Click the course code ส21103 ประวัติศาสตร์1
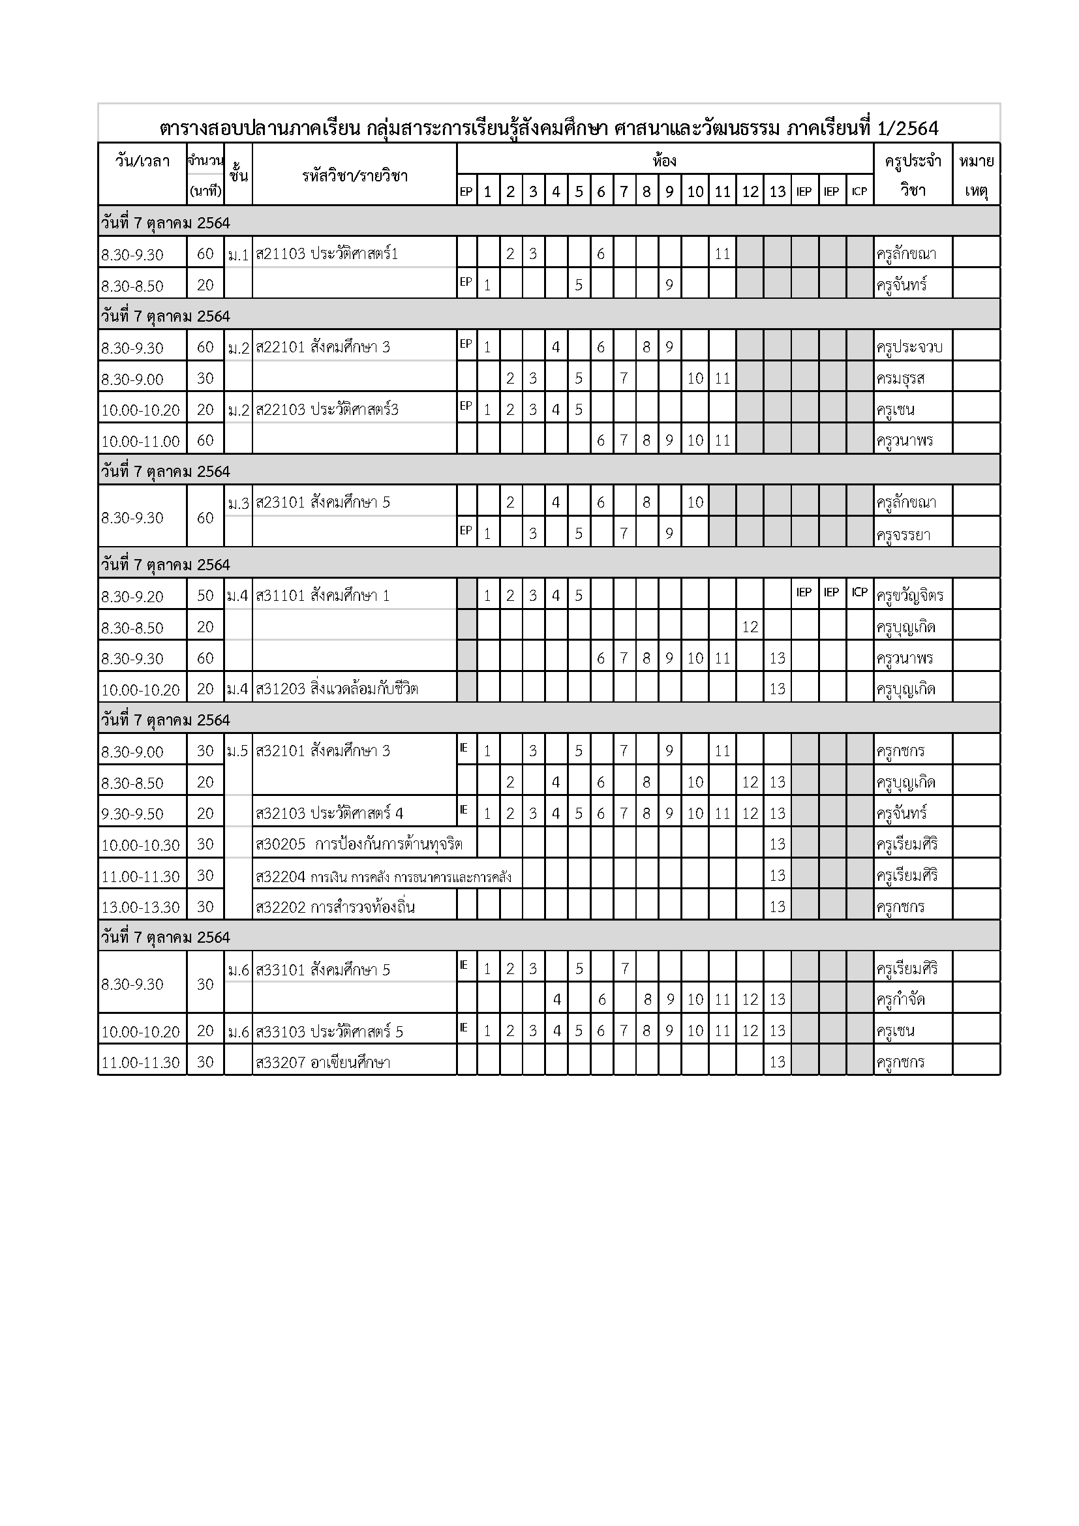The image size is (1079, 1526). (x=326, y=254)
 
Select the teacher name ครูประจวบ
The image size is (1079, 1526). (x=909, y=347)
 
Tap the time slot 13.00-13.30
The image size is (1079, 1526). (x=140, y=908)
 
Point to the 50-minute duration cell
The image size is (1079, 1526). (x=205, y=596)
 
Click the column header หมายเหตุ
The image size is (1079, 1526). (x=975, y=175)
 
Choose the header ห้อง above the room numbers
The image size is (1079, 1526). (x=663, y=160)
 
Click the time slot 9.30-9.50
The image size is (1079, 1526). (x=132, y=814)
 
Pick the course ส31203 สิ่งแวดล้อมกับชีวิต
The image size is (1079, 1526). (x=337, y=688)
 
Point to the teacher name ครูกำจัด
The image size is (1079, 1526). (x=900, y=1000)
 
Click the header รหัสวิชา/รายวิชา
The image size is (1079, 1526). (x=354, y=176)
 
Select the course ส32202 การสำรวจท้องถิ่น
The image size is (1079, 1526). (x=335, y=908)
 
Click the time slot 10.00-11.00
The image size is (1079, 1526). (x=140, y=440)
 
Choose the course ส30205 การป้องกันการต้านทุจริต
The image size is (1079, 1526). (x=359, y=845)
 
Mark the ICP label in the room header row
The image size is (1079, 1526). (x=859, y=191)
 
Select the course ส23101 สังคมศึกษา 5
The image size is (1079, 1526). (x=323, y=502)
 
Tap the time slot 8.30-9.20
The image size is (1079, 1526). (x=132, y=596)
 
